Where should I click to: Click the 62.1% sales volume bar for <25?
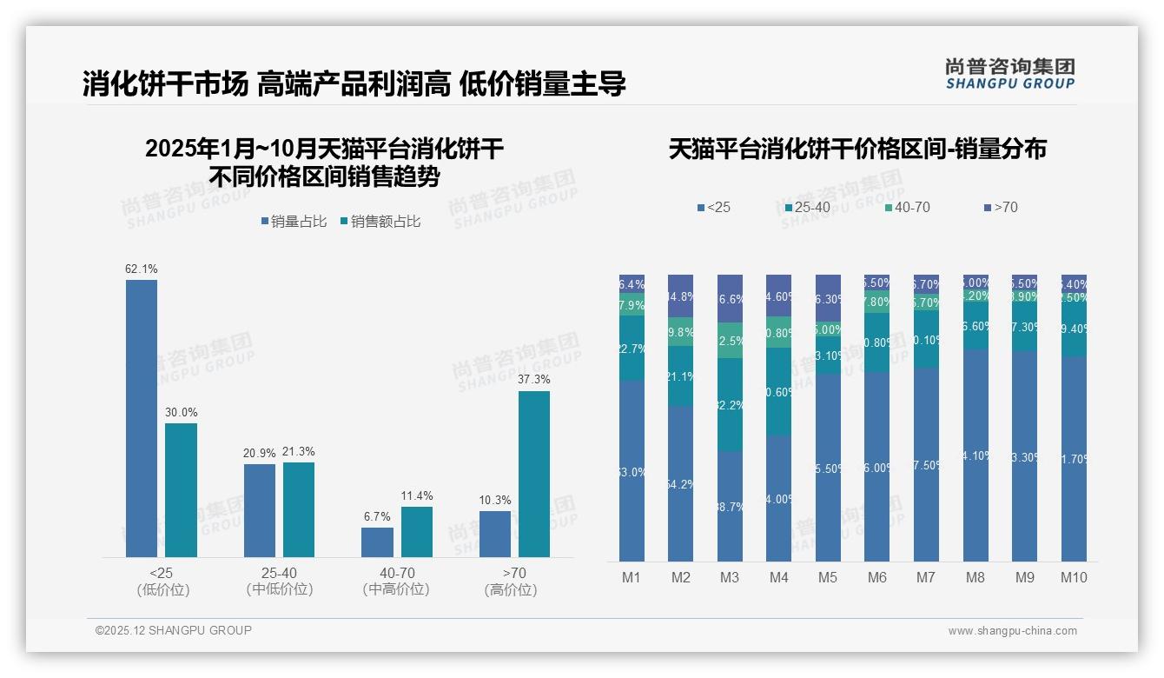(142, 417)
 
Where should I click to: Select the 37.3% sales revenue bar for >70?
(534, 474)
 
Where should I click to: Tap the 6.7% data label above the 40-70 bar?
(377, 516)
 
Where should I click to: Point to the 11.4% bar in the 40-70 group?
(417, 532)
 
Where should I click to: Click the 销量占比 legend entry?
(294, 222)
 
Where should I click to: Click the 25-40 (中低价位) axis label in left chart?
(279, 581)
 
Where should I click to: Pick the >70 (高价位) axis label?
(514, 581)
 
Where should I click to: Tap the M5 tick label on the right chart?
(828, 577)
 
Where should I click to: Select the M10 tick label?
(1074, 577)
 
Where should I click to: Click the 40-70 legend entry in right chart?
(908, 207)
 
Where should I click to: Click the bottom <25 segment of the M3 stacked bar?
(730, 507)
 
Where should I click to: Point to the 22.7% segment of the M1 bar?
(632, 349)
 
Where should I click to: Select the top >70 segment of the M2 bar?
(680, 296)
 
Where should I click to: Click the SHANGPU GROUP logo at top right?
(1010, 74)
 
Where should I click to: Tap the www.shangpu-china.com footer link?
(1012, 631)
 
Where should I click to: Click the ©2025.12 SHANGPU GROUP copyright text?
(174, 630)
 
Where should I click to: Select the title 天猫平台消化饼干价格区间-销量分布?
(857, 149)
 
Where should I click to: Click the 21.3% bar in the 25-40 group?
(299, 509)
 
